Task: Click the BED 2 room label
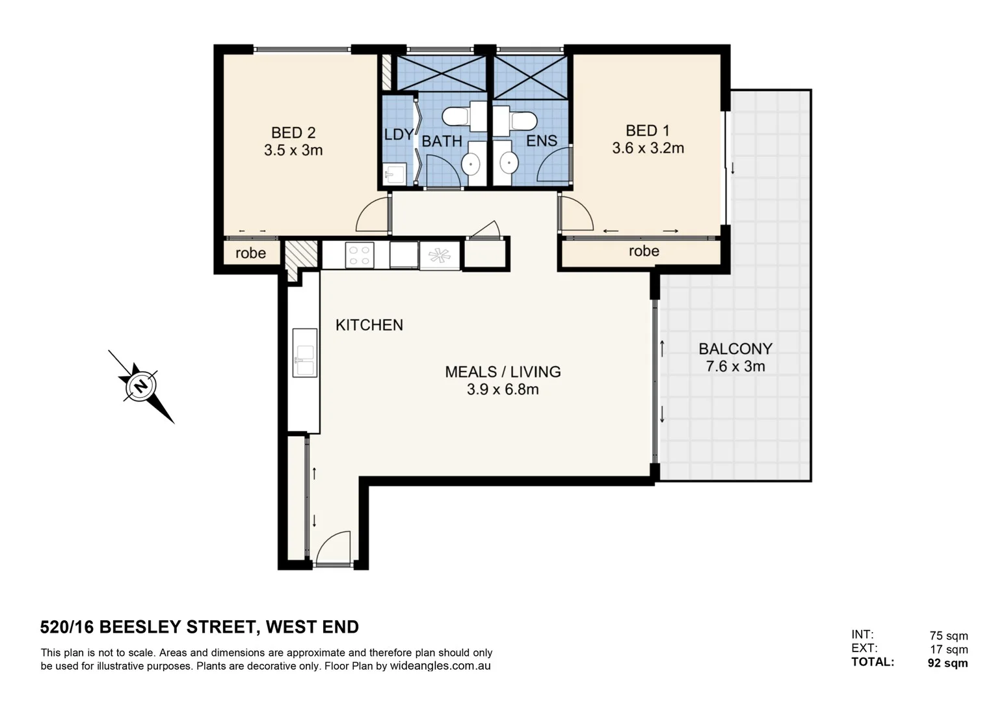(293, 133)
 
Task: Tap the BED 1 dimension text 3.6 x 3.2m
(648, 148)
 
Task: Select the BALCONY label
(735, 349)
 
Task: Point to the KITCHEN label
(369, 325)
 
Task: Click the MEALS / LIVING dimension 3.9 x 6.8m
(503, 389)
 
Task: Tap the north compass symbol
(140, 387)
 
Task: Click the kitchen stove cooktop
(360, 255)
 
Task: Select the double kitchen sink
(304, 353)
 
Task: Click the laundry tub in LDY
(395, 172)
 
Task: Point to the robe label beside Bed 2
(250, 253)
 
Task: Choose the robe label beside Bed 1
(644, 251)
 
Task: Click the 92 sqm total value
(947, 663)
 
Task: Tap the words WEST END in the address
(312, 627)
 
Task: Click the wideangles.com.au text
(440, 666)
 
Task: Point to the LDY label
(398, 135)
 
